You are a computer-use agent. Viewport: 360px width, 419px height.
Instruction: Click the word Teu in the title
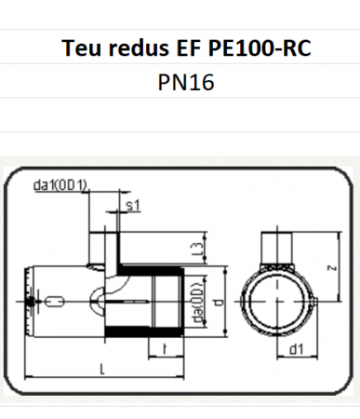82,47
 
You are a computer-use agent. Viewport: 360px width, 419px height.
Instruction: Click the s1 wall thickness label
131,205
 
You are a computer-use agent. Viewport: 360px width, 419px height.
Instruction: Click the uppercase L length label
101,372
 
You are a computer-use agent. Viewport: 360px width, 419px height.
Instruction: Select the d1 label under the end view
297,351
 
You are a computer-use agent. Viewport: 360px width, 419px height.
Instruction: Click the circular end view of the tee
275,300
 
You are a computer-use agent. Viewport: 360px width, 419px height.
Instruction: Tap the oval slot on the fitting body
55,301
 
